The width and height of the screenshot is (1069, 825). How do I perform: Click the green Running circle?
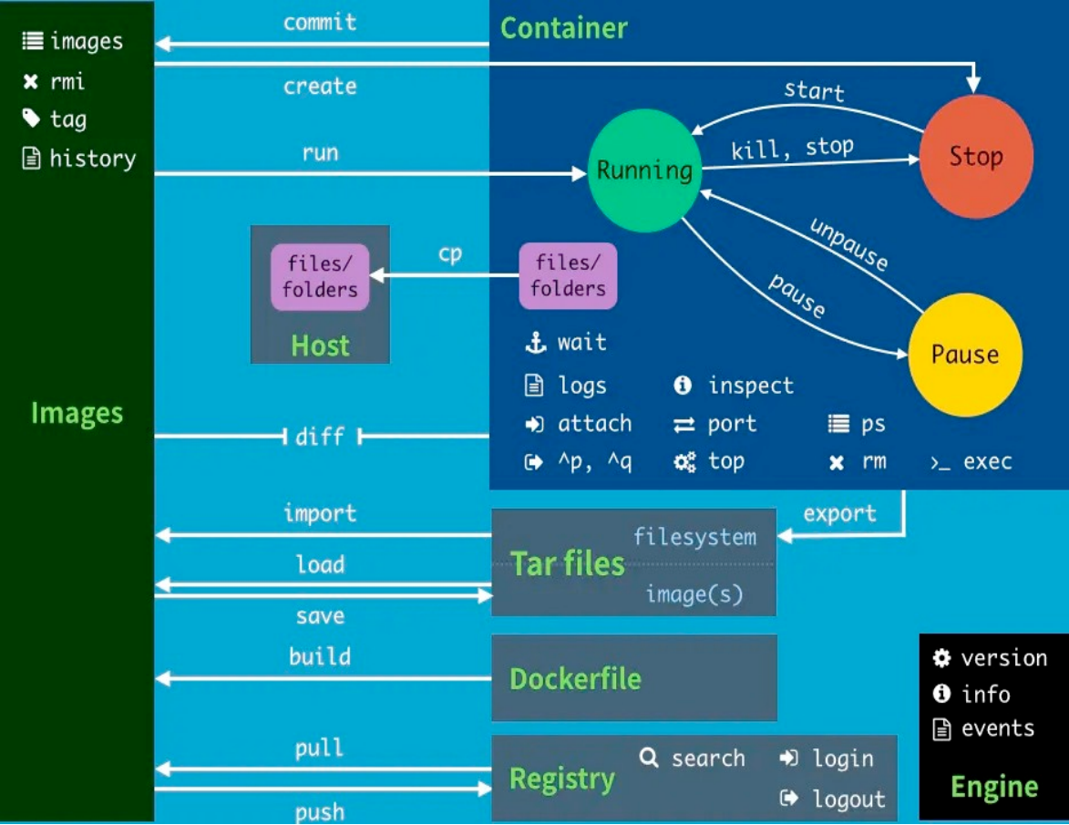point(644,170)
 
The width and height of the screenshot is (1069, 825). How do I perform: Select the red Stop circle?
point(976,156)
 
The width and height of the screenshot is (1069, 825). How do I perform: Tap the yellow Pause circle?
point(965,355)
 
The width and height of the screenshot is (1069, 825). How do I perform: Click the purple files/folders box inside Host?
point(320,277)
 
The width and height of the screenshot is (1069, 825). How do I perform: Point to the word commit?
point(320,22)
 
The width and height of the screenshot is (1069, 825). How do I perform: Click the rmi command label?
point(67,81)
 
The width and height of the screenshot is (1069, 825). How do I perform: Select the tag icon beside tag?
point(32,119)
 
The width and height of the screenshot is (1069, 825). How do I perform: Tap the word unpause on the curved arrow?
point(848,243)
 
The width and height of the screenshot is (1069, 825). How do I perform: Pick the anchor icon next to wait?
point(534,343)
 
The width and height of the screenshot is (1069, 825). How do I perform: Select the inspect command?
point(751,386)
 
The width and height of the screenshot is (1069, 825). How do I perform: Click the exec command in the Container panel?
point(987,461)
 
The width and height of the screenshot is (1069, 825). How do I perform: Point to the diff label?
point(320,437)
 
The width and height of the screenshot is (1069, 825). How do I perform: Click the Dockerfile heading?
point(575,679)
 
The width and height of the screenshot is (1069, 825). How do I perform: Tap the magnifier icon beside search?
point(649,758)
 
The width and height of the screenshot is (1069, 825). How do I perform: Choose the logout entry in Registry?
point(848,799)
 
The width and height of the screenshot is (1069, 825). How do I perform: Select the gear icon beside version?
point(942,658)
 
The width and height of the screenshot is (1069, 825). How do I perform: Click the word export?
point(839,513)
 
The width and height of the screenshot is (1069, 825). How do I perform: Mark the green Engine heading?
point(994,787)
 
